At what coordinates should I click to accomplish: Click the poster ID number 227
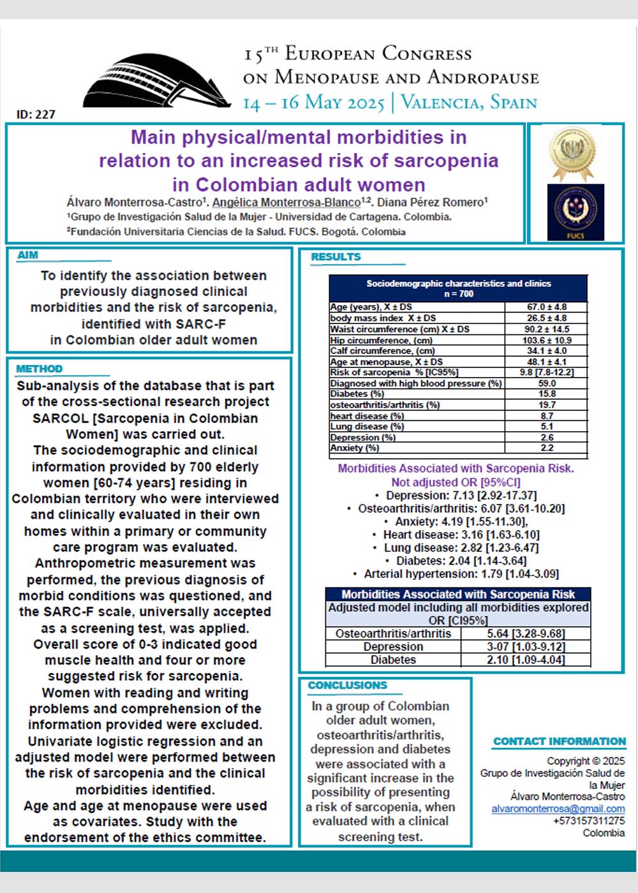[36, 115]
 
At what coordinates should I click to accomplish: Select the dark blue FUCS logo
[575, 212]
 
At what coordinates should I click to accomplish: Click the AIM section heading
[28, 255]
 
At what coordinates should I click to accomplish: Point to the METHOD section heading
[40, 369]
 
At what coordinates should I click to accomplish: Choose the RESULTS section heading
[336, 256]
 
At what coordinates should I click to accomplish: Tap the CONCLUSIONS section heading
[348, 685]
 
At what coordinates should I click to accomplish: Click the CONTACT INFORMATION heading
[560, 741]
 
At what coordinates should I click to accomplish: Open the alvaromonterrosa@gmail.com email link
[558, 809]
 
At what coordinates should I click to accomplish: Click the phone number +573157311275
[589, 821]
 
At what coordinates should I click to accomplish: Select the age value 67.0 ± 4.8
[547, 307]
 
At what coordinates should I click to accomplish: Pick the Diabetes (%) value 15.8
[547, 394]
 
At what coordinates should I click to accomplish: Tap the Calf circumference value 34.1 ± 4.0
[547, 351]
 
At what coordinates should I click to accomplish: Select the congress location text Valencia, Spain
[469, 102]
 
